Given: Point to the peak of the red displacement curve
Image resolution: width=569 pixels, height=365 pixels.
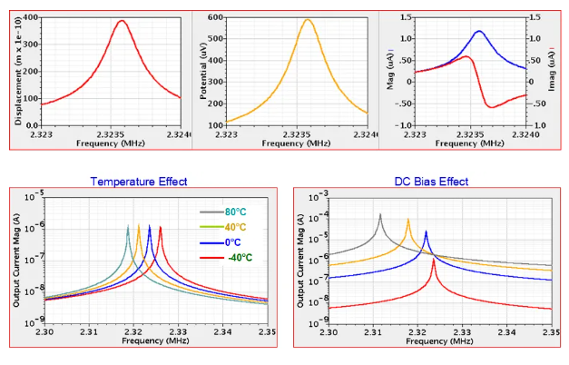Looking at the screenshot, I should pos(123,21).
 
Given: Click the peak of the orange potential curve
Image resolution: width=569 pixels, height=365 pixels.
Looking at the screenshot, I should pos(307,20).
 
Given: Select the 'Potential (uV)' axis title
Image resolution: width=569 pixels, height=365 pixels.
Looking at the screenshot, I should pos(201,68).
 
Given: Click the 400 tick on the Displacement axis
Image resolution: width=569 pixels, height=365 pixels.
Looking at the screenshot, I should pos(32,18).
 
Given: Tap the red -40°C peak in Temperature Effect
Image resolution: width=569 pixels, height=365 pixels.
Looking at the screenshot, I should pos(160,227).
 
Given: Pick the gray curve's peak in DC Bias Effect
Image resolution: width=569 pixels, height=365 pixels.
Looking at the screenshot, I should pos(379,215).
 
